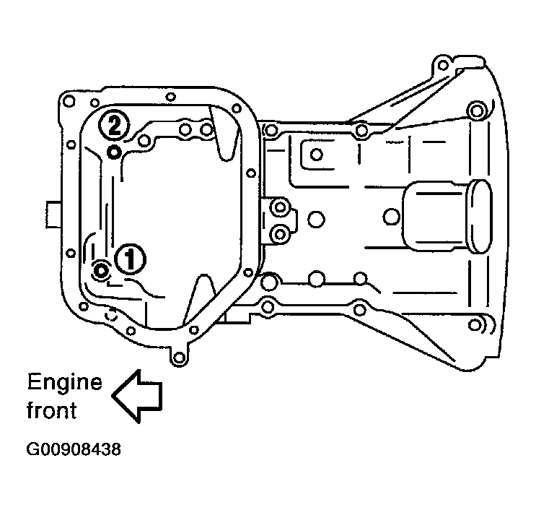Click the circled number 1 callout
130,259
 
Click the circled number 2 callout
114,125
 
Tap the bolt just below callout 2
114,152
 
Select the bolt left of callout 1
101,271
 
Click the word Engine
65,384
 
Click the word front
52,410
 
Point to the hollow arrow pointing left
137,396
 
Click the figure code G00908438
74,449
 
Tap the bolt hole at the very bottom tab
179,358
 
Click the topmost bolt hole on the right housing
443,65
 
